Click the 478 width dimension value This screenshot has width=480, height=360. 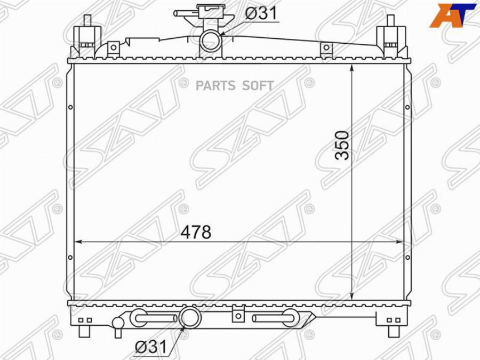pyautogui.click(x=196, y=232)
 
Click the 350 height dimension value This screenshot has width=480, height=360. pyautogui.click(x=342, y=145)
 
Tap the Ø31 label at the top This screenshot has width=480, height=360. pyautogui.click(x=261, y=13)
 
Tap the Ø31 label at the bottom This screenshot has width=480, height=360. pyautogui.click(x=150, y=348)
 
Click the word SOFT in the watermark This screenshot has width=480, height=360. pyautogui.click(x=259, y=86)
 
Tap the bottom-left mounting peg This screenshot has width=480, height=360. pyautogui.click(x=84, y=331)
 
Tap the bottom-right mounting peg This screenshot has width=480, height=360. pyautogui.click(x=394, y=331)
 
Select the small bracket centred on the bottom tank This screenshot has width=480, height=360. pyautogui.click(x=237, y=314)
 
